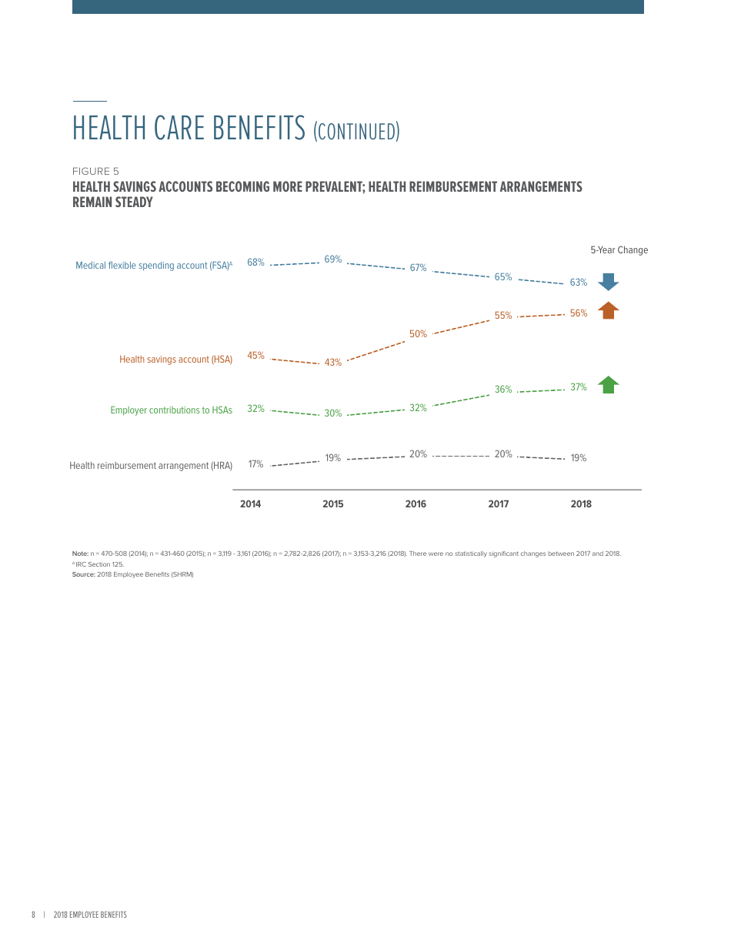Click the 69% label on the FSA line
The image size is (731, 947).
tap(332, 259)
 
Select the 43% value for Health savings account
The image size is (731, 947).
tap(332, 363)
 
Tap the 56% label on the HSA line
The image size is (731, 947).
tap(579, 313)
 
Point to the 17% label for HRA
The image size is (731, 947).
tap(255, 464)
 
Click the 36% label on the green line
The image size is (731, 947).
tap(503, 390)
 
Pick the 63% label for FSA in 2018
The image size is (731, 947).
tap(579, 283)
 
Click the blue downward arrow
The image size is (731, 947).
tap(608, 282)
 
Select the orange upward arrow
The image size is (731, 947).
tap(608, 310)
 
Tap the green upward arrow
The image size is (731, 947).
tap(608, 385)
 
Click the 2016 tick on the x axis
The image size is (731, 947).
tap(416, 504)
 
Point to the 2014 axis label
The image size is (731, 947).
tap(250, 504)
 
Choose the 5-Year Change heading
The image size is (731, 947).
tap(619, 250)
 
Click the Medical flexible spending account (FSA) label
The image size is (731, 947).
tap(153, 266)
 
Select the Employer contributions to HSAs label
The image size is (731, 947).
tap(171, 410)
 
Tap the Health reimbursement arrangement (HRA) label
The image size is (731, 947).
tap(151, 466)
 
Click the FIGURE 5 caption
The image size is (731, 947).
tap(95, 172)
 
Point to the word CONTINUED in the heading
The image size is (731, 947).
tap(356, 132)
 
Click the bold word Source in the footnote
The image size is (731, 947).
tap(83, 574)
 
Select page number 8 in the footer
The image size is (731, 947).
tap(33, 915)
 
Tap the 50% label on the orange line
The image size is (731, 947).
tap(418, 334)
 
